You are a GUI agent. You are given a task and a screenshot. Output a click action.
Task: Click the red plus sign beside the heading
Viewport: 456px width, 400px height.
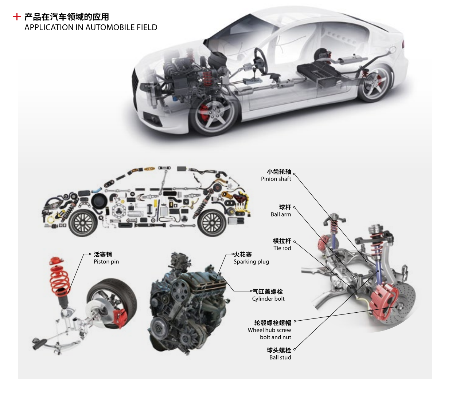click(16, 17)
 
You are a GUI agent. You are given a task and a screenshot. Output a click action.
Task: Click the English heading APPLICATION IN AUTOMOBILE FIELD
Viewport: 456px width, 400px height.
click(91, 28)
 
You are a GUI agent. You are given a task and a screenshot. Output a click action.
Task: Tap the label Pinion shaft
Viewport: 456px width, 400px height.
click(276, 179)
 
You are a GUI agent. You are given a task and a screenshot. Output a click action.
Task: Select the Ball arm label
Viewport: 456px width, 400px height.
click(281, 215)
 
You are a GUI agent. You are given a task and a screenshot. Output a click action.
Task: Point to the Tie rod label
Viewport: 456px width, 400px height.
click(282, 248)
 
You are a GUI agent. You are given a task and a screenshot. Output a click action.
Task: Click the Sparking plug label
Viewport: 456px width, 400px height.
click(251, 262)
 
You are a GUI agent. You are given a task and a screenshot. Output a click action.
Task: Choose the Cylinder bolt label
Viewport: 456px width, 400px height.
click(268, 299)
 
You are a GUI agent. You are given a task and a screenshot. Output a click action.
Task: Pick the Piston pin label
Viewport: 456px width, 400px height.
click(106, 262)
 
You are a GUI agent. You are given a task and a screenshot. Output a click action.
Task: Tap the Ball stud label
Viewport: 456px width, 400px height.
click(280, 357)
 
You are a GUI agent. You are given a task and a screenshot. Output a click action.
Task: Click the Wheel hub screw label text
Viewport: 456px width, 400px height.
click(269, 330)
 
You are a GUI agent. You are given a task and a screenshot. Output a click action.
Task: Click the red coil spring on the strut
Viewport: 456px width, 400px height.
click(59, 279)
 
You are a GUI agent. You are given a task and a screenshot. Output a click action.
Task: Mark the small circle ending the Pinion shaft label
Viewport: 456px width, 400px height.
click(295, 174)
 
